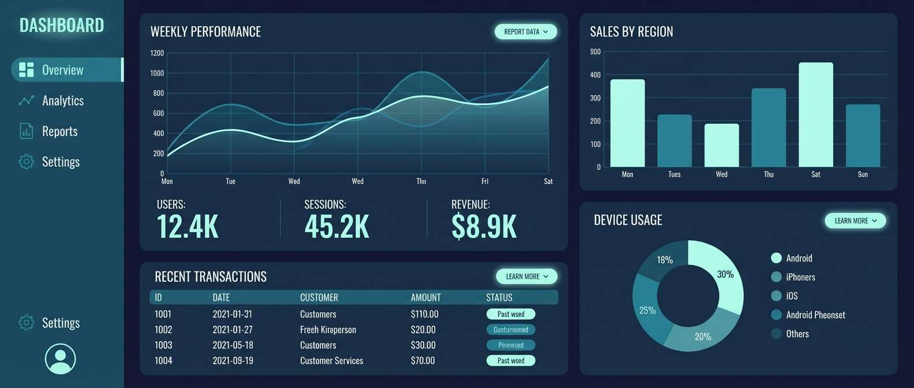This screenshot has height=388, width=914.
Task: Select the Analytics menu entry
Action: point(62,100)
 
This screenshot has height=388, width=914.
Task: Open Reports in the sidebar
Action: point(59,131)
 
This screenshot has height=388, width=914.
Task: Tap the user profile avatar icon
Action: point(60,359)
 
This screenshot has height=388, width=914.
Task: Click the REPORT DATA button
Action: point(525,32)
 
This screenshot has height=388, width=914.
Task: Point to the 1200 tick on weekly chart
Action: point(157,53)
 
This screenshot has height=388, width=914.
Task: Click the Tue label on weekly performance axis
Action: point(230,181)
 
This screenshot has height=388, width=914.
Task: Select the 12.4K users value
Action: point(188,226)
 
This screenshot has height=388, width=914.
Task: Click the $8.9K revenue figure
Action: point(484,226)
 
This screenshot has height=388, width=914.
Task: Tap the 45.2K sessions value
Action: point(336,226)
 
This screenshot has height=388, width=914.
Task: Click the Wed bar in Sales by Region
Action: point(721,145)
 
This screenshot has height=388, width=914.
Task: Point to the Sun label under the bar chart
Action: point(863,174)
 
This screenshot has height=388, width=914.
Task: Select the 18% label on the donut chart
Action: point(665,260)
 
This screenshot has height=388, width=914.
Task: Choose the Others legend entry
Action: point(797,334)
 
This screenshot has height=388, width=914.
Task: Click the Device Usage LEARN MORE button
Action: point(855,221)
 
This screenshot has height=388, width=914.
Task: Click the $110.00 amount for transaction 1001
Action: point(424,314)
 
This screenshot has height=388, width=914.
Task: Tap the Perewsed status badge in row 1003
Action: point(511,345)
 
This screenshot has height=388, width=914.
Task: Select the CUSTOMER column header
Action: point(319,297)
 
